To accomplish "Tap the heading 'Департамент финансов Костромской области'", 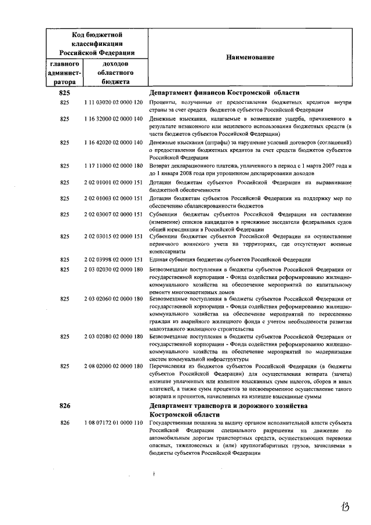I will click(x=224, y=93).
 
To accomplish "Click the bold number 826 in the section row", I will click(x=64, y=406).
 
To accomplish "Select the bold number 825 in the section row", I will click(x=64, y=93).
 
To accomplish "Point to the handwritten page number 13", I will click(x=345, y=506).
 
